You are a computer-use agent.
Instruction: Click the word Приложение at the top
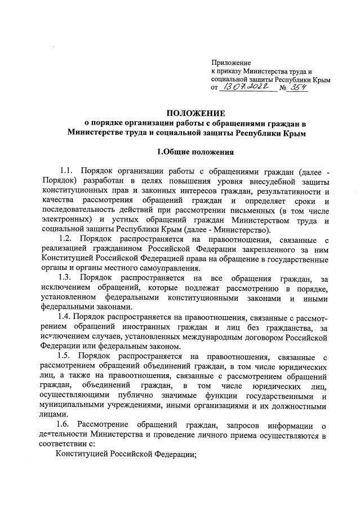232,63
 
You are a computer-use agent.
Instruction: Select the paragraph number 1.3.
66,278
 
